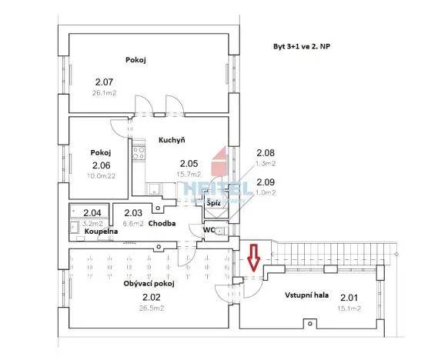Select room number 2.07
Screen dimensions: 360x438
(x=104, y=82)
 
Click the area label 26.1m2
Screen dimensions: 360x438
(x=104, y=92)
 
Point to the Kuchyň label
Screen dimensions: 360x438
(x=170, y=141)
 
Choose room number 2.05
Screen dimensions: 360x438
(x=189, y=163)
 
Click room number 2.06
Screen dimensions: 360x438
(x=101, y=165)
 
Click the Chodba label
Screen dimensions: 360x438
(x=162, y=224)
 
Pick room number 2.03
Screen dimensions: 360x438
(x=133, y=212)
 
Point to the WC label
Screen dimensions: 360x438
(x=209, y=230)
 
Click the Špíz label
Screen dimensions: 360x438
(x=214, y=203)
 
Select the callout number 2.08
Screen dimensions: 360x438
(x=266, y=154)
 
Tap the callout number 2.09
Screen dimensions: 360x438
(x=266, y=182)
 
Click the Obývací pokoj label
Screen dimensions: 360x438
(x=149, y=284)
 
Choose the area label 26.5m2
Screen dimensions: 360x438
(x=151, y=308)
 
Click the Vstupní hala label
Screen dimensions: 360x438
(x=307, y=295)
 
